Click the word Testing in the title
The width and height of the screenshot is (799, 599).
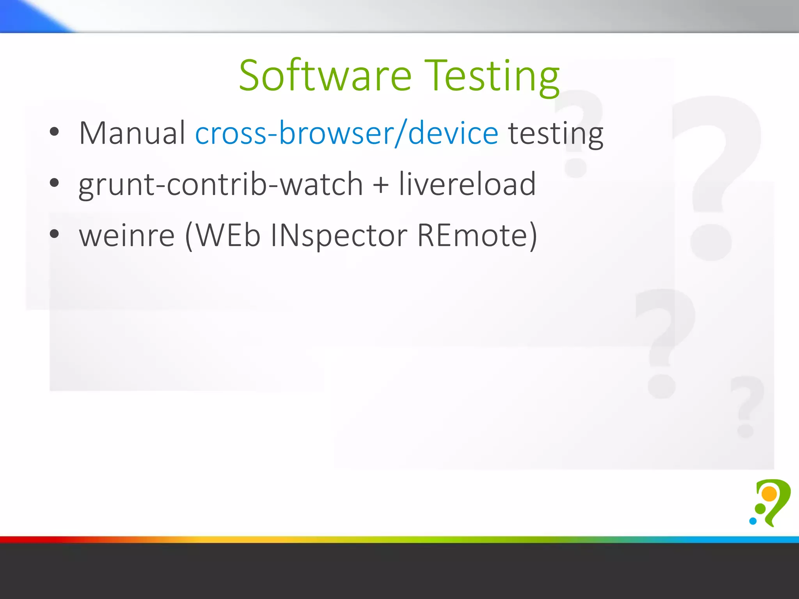coord(492,76)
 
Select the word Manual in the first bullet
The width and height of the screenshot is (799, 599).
coord(132,133)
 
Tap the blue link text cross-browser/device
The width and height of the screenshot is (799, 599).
coord(346,133)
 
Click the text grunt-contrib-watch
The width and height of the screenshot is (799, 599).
coord(221,184)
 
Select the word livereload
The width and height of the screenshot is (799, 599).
coord(467,184)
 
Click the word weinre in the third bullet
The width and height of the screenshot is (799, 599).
coord(127,236)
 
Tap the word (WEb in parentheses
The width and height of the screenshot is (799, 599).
coord(223,236)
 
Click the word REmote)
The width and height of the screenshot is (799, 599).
coord(477,236)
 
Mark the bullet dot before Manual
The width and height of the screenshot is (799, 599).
coord(54,132)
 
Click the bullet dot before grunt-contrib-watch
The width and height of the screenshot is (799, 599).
coord(54,183)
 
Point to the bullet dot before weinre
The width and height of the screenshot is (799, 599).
coord(54,234)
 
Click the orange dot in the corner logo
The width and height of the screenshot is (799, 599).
coord(769,493)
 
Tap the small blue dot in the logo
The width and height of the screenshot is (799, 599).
coord(753,521)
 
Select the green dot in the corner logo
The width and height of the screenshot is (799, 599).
coord(760,508)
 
